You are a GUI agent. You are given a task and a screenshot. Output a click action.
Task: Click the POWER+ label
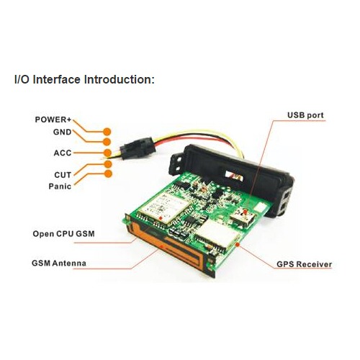coord(53,120)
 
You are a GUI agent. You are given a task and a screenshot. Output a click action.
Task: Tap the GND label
coord(62,132)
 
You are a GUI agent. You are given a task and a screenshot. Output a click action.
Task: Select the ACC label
coord(63,153)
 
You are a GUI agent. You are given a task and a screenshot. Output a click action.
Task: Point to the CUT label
coord(63,175)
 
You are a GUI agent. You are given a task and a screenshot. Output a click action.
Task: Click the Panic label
coord(60,186)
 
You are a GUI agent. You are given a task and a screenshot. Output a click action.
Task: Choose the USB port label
coord(305,115)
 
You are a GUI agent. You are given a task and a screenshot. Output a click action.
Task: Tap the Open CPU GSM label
coord(63,234)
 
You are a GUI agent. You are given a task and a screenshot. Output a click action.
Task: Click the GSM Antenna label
coord(59,263)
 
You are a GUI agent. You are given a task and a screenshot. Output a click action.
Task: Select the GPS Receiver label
coord(305,264)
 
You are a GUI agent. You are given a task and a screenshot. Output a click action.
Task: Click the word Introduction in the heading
coord(120,79)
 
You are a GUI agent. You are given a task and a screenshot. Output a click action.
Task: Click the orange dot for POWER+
coord(107,132)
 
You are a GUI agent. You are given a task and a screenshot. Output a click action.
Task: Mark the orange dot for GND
coord(107,142)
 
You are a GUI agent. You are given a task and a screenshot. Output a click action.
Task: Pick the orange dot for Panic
coord(108,174)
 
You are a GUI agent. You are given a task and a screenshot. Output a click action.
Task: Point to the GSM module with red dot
coord(164,207)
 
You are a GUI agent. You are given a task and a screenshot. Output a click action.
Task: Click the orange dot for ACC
coord(107,153)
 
